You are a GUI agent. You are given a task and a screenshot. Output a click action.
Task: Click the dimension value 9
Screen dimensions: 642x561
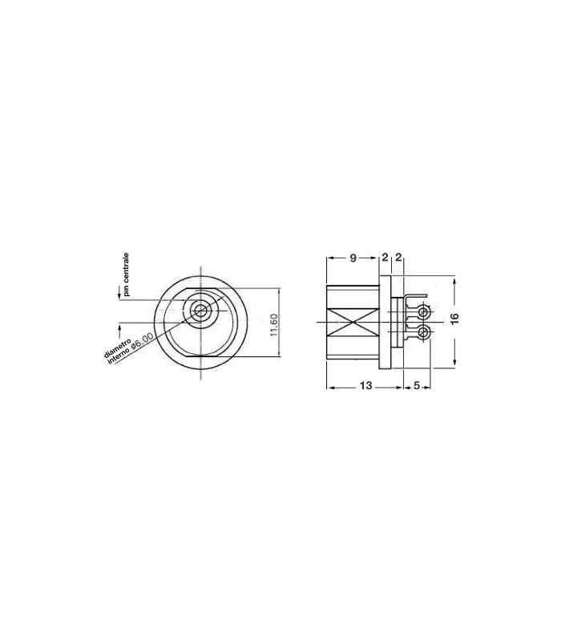coord(353,258)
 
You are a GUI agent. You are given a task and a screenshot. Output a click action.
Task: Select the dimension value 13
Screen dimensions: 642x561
coord(365,387)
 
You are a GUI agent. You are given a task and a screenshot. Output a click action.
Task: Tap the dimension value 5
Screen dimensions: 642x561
coord(416,387)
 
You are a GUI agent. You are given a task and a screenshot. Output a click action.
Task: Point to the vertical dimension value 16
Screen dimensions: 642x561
coord(454,319)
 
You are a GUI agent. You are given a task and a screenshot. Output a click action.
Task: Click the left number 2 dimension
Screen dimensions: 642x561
coord(385,258)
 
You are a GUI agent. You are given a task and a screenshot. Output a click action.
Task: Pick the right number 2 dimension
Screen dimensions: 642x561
coord(398,258)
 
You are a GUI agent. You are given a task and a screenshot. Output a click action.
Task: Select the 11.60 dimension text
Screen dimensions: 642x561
coord(274,325)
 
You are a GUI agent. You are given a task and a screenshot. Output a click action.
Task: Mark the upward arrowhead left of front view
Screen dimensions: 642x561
coord(119,325)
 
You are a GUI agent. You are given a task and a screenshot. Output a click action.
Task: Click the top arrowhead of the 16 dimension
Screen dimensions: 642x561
coord(454,281)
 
